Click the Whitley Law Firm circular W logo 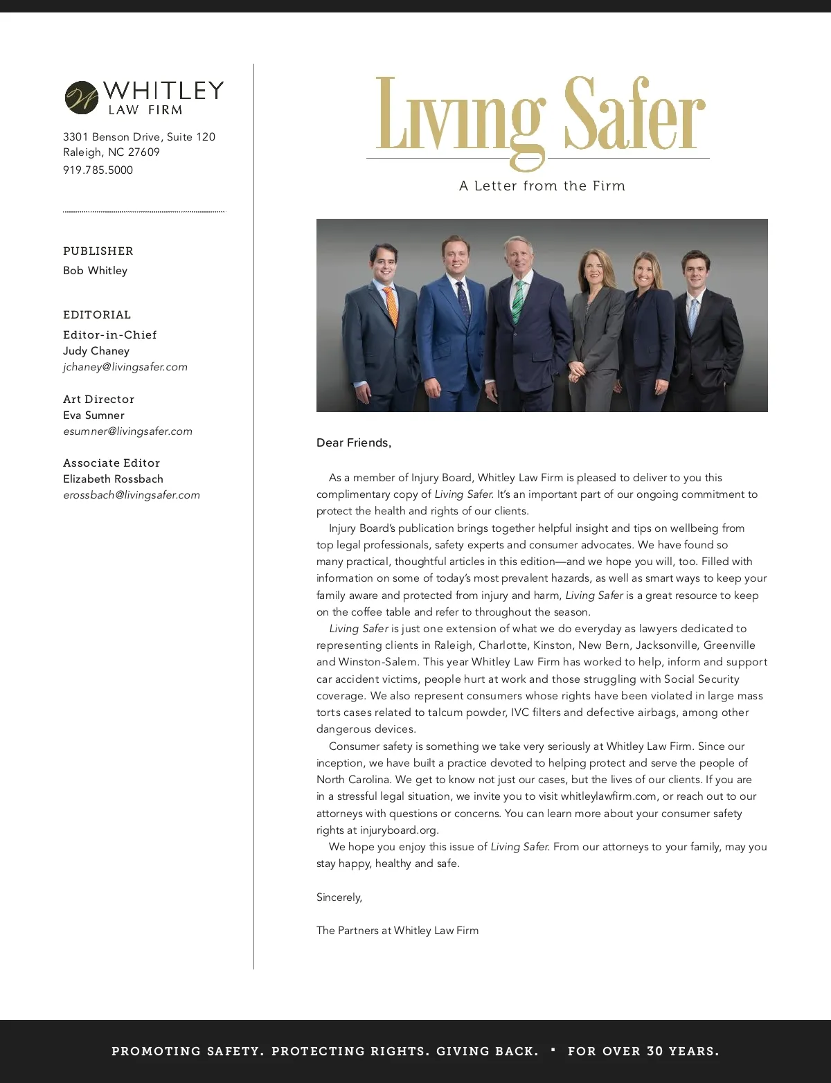pyautogui.click(x=82, y=98)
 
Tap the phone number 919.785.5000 pyautogui.click(x=98, y=170)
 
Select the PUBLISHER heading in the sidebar pyautogui.click(x=98, y=251)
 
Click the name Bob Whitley pyautogui.click(x=96, y=271)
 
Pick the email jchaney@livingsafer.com pyautogui.click(x=125, y=367)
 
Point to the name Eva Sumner pyautogui.click(x=93, y=415)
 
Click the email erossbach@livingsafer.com pyautogui.click(x=132, y=495)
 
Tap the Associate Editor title pyautogui.click(x=111, y=463)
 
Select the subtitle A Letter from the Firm pyautogui.click(x=542, y=186)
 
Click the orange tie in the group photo pyautogui.click(x=392, y=307)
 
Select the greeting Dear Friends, pyautogui.click(x=354, y=443)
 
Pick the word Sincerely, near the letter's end pyautogui.click(x=339, y=897)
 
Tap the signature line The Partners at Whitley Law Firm pyautogui.click(x=397, y=931)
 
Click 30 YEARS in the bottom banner pyautogui.click(x=682, y=1051)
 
